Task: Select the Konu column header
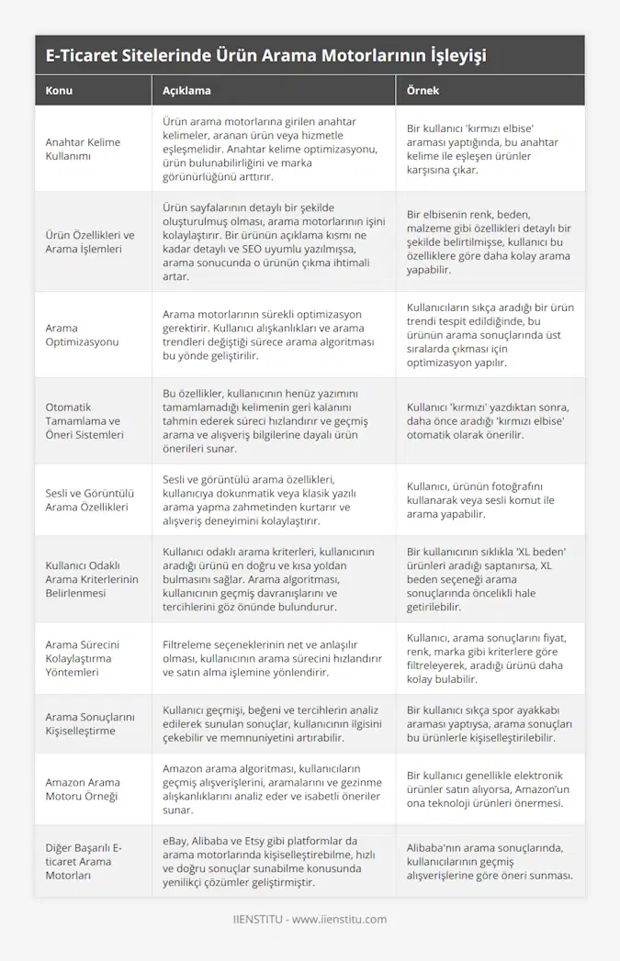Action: click(59, 91)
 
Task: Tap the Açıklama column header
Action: click(186, 91)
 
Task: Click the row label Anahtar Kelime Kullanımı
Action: click(83, 149)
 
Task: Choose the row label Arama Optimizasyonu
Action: click(82, 334)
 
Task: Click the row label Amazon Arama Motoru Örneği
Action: click(83, 789)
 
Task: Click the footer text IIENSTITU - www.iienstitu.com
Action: click(310, 919)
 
